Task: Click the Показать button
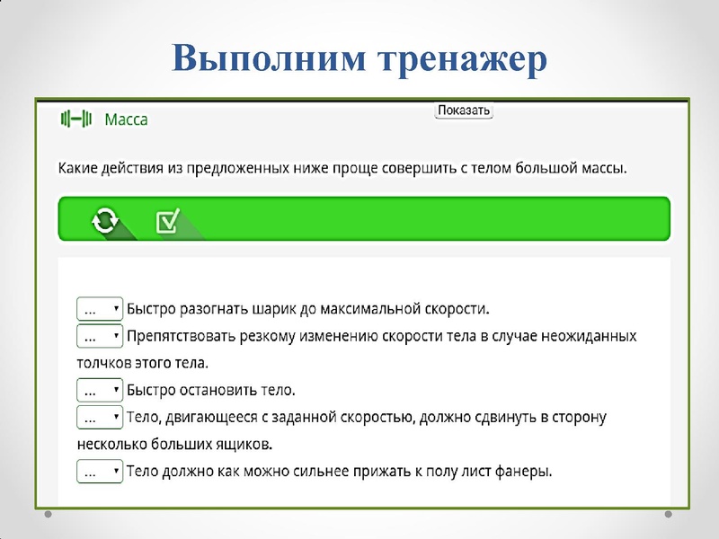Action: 464,110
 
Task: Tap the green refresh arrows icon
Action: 105,220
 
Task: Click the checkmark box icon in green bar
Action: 168,221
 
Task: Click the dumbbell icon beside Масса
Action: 75,119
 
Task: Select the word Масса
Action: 126,119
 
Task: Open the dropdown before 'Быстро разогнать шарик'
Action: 99,309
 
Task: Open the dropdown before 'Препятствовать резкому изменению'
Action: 99,336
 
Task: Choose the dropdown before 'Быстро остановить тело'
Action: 99,391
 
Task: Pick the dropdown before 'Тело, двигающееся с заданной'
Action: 99,418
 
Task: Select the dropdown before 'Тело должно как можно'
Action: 99,472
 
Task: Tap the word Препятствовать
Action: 181,336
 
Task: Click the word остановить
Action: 224,391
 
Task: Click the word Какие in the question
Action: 79,167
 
